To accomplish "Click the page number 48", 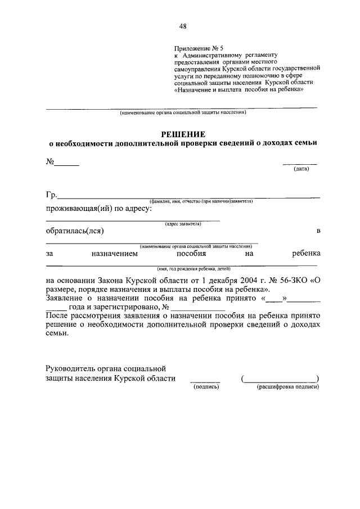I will pyautogui.click(x=183, y=26).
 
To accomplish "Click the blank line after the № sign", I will pyautogui.click(x=66, y=165).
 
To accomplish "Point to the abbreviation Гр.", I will pyautogui.click(x=51, y=196).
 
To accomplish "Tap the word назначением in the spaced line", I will pyautogui.click(x=114, y=254).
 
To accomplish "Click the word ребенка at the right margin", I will pyautogui.click(x=306, y=254).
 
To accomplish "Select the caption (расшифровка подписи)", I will pyautogui.click(x=288, y=387).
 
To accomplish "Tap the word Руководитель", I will pyautogui.click(x=71, y=368).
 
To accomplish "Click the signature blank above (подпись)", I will pyautogui.click(x=204, y=381).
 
